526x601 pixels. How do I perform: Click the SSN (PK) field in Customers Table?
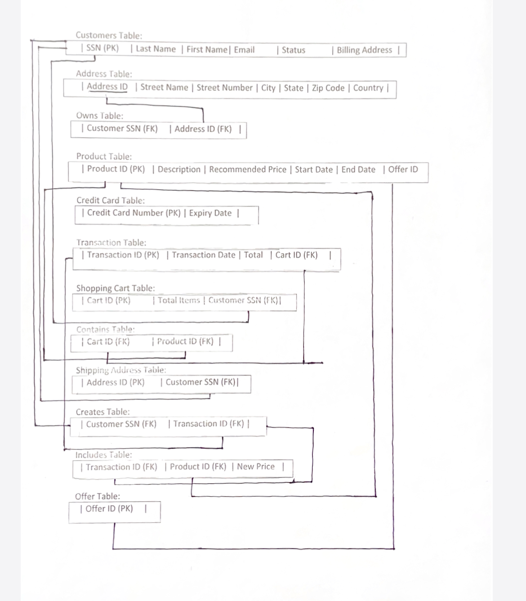103,49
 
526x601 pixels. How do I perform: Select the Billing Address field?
364,50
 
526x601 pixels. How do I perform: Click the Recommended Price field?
247,170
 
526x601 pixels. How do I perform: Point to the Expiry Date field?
210,213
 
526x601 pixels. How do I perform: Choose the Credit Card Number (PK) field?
134,213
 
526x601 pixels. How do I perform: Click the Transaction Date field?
203,255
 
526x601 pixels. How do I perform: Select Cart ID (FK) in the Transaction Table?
296,255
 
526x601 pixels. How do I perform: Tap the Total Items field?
178,300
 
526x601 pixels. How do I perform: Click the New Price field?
255,467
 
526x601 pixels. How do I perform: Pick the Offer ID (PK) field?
109,509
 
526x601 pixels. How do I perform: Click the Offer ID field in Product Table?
403,170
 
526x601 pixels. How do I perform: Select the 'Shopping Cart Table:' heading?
116,288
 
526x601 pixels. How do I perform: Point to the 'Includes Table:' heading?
103,455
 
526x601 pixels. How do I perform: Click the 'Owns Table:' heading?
99,116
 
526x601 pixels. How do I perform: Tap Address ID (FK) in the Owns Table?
203,129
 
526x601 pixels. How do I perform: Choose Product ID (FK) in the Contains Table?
185,341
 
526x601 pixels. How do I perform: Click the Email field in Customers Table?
244,50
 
